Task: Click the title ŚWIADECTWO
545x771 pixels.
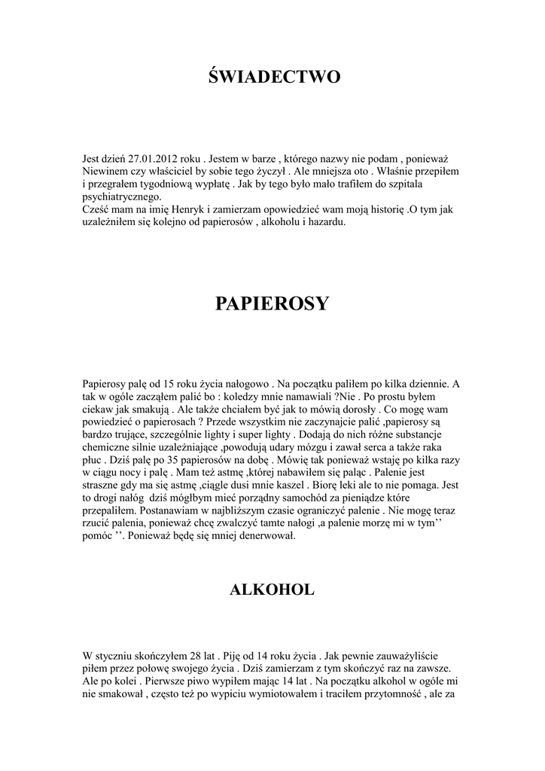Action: (272, 77)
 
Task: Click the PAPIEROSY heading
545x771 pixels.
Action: (272, 303)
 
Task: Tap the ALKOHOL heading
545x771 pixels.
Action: (272, 590)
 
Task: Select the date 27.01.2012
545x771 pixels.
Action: (154, 160)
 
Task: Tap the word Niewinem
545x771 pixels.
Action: (104, 172)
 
